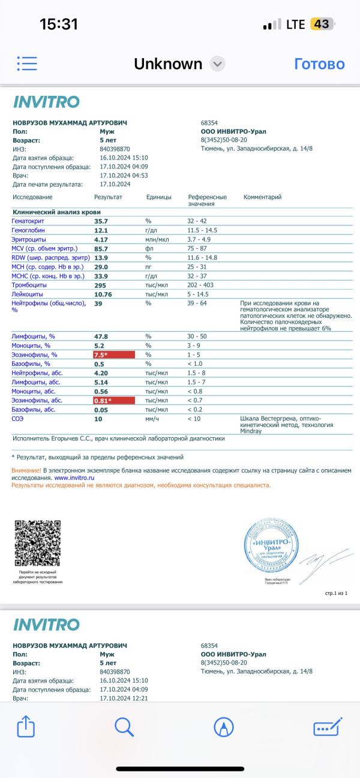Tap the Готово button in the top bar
coord(319,64)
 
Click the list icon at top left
coord(27,64)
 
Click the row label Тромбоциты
coord(31,285)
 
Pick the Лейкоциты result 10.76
coord(103,294)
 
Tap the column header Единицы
coord(158,197)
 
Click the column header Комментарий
coord(262,197)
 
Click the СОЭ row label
coord(18,419)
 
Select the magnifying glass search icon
coord(124,727)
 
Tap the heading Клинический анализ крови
coord(57,212)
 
